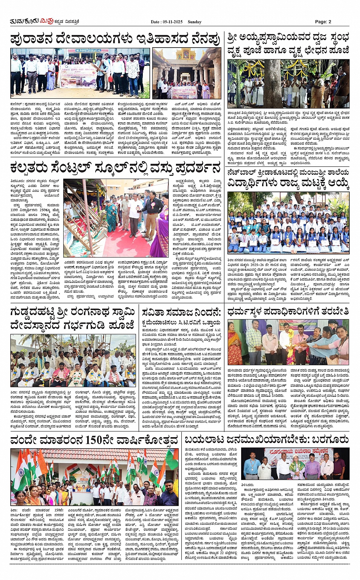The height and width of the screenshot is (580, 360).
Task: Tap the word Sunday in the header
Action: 194,22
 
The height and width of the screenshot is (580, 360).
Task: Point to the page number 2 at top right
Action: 329,22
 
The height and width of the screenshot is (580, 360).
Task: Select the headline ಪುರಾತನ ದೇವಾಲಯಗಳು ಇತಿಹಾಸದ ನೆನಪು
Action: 115,39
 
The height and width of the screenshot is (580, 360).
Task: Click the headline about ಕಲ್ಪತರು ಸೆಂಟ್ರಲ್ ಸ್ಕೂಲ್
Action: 115,168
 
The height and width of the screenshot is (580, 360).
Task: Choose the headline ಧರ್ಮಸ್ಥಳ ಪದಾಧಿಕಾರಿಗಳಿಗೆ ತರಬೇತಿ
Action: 288,312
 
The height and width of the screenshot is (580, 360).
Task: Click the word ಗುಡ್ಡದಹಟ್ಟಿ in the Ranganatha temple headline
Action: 32,313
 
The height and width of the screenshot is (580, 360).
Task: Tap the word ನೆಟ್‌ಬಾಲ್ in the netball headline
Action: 244,173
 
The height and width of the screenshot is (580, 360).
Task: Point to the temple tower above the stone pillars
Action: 187,53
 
